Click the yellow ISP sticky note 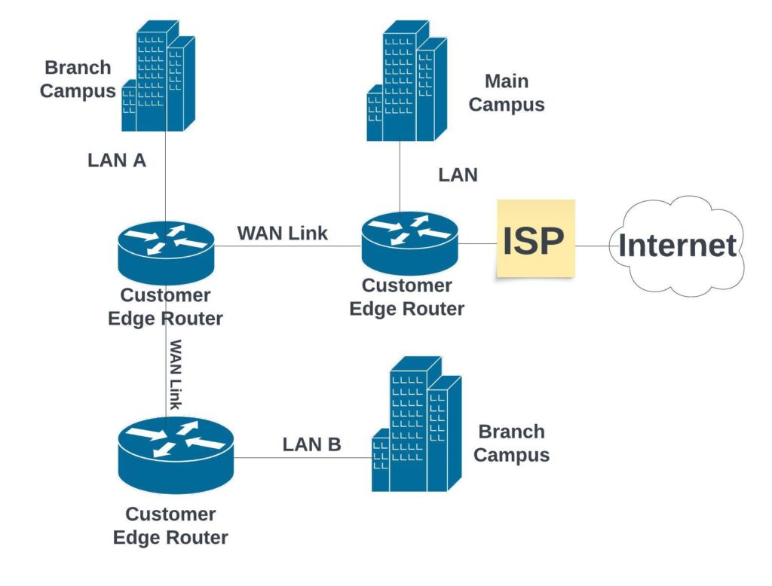[535, 240]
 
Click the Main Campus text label [506, 93]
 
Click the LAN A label [116, 160]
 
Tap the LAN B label [311, 444]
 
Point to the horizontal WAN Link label [282, 233]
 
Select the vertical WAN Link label [176, 374]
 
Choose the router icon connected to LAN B [176, 456]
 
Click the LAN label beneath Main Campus [458, 175]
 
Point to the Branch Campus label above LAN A [78, 79]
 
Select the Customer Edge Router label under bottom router [170, 526]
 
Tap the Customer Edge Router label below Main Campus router [407, 297]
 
